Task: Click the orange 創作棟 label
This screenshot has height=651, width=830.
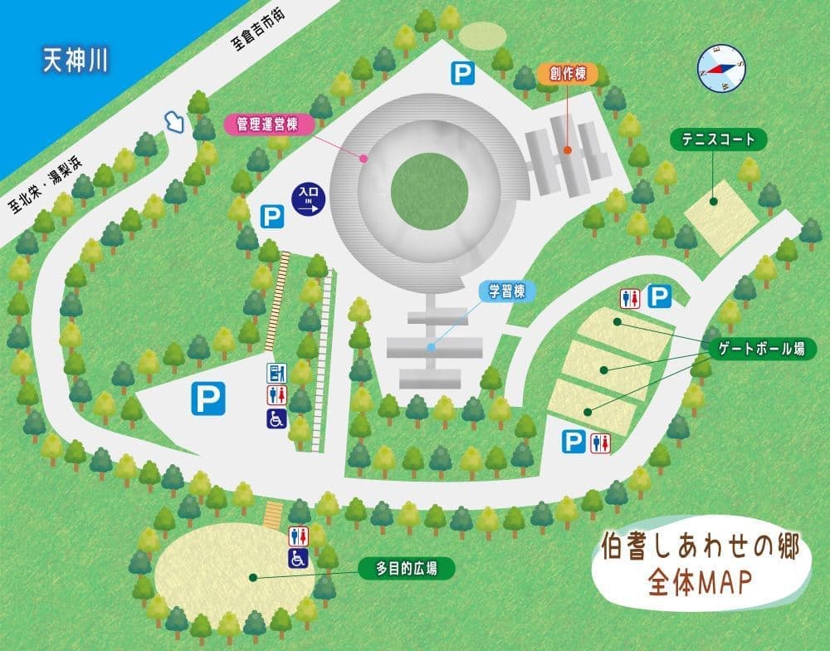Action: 567,73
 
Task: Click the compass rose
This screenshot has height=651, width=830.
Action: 721,67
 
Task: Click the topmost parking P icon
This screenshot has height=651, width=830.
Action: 462,74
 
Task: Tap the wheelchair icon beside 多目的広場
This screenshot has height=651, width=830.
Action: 299,559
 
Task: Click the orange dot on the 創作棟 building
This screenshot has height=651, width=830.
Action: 568,150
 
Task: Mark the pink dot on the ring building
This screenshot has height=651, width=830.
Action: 364,157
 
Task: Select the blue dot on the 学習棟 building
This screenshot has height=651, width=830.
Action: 430,347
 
